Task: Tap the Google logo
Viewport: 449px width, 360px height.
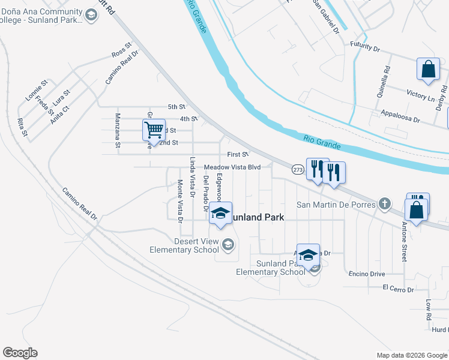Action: [20, 353]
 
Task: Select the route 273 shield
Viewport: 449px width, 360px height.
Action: [298, 170]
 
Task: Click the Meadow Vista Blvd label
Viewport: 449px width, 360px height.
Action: [232, 167]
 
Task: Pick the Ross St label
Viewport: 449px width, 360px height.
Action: [122, 51]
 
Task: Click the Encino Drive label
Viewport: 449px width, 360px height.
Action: [367, 274]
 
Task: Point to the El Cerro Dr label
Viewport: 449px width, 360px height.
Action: [399, 289]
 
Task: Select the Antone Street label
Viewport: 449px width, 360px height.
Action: [404, 241]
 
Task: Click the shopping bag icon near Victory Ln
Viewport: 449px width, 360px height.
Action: [429, 69]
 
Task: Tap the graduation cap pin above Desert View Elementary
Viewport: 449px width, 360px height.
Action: [220, 214]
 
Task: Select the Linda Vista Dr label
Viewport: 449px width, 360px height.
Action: [193, 178]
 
